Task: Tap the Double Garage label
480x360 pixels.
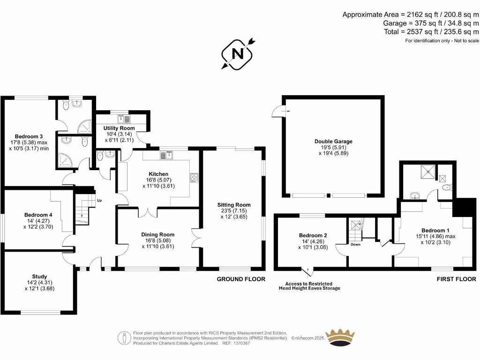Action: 333,141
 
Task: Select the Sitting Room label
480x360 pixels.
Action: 233,205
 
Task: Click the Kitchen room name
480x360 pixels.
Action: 158,173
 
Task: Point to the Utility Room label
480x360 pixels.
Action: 119,128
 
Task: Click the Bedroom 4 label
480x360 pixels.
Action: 38,215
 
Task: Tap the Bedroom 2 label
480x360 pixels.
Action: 313,235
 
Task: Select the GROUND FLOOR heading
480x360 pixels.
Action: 240,279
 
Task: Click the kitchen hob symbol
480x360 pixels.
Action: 195,177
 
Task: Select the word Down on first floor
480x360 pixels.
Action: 355,244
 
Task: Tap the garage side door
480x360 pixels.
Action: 278,111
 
